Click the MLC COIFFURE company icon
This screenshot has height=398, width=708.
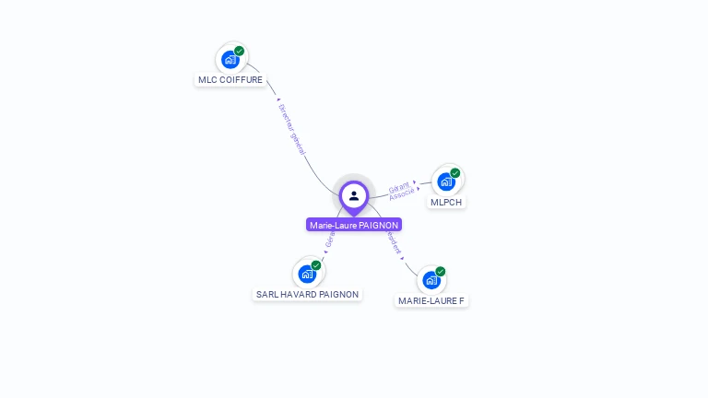pos(230,60)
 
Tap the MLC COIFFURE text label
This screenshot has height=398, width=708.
pos(230,80)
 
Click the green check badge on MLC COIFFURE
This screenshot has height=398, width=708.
pos(240,52)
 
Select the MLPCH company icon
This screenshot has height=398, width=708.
pos(446,181)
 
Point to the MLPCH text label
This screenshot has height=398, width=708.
pos(446,203)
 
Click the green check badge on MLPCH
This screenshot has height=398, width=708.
pos(455,173)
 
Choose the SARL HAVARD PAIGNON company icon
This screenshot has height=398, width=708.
pos(307,274)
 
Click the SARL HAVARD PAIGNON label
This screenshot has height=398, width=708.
pos(307,295)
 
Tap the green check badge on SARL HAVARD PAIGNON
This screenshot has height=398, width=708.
pos(316,265)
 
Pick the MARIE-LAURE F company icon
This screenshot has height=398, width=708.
pos(431,280)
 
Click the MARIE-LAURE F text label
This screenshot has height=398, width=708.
pos(431,301)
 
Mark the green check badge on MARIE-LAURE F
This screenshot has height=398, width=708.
pos(441,272)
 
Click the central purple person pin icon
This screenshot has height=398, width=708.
pos(354,195)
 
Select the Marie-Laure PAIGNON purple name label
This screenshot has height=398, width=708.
pos(354,225)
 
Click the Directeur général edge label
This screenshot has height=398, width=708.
pos(292,128)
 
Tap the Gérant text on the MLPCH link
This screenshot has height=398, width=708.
pos(399,186)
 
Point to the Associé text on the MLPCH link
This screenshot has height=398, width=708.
pos(402,194)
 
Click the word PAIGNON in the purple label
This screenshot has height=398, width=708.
pos(379,225)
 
